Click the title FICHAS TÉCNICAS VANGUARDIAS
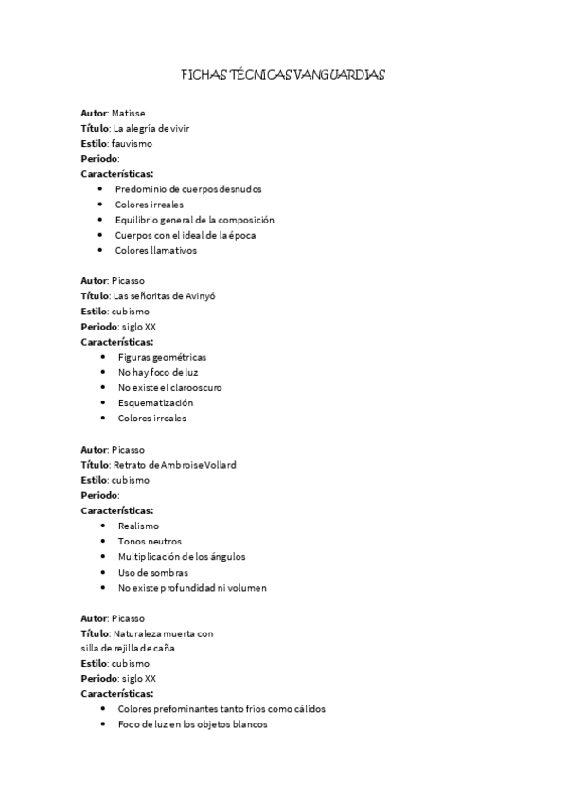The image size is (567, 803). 283,74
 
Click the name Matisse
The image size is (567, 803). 128,113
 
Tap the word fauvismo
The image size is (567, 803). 132,144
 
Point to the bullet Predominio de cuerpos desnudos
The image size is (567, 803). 182,188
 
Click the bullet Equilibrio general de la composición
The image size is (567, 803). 194,220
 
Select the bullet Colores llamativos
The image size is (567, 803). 155,251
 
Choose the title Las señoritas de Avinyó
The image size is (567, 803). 164,295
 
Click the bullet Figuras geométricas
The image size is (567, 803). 162,357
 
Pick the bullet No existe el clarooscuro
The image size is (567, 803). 169,387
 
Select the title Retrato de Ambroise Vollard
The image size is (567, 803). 173,465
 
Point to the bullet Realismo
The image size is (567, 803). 138,526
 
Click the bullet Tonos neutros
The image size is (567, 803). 150,541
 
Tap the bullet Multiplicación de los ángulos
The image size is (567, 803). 181,556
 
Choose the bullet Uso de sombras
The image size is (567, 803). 152,572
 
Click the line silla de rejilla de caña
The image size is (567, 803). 128,648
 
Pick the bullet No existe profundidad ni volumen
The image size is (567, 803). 192,587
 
